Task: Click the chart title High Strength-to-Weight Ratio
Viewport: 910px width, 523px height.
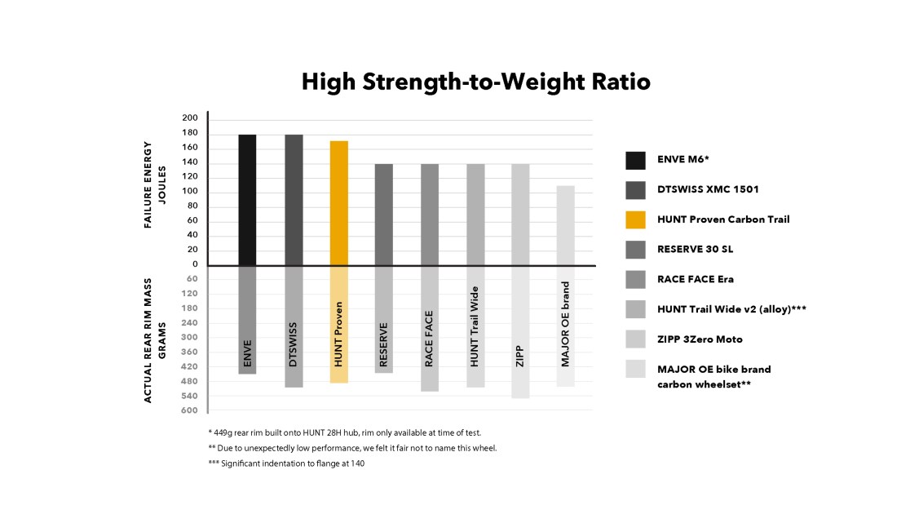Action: point(475,82)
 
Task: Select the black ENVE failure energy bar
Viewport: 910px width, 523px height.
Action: point(247,200)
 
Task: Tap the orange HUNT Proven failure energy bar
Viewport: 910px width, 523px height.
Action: point(338,203)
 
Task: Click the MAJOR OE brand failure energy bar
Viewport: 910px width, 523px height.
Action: point(566,225)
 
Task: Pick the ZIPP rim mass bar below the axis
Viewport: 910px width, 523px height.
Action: point(520,331)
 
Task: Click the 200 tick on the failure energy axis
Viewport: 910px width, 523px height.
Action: point(189,118)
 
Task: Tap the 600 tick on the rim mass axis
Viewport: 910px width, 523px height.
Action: point(189,410)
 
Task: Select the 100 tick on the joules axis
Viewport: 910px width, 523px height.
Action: point(189,192)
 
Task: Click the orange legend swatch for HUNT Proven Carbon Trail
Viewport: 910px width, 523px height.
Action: point(635,219)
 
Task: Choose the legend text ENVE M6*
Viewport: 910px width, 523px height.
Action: point(684,160)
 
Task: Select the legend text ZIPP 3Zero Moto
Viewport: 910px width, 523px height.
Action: point(700,339)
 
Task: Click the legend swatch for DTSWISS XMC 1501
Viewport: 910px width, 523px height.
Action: point(635,189)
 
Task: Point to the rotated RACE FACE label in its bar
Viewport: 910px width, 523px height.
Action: point(429,338)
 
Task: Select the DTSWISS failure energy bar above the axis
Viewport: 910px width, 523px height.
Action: point(294,200)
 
